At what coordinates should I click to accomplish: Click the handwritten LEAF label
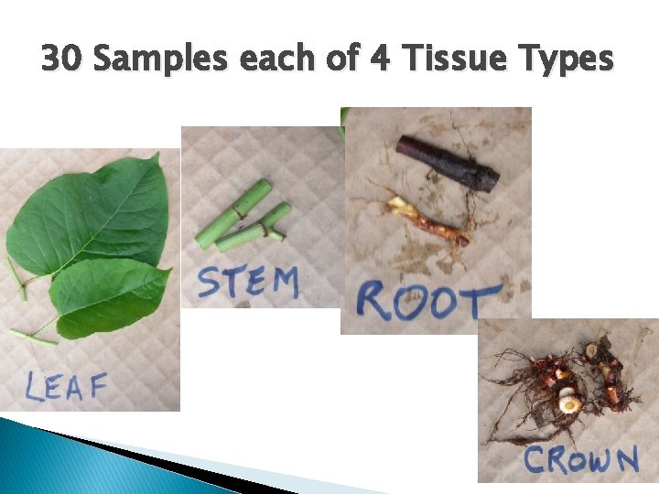tap(65, 387)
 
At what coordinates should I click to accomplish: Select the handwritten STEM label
tap(248, 282)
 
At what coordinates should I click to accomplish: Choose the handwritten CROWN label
tap(580, 459)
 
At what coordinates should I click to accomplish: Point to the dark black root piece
tap(448, 162)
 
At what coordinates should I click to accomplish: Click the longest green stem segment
tap(234, 214)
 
